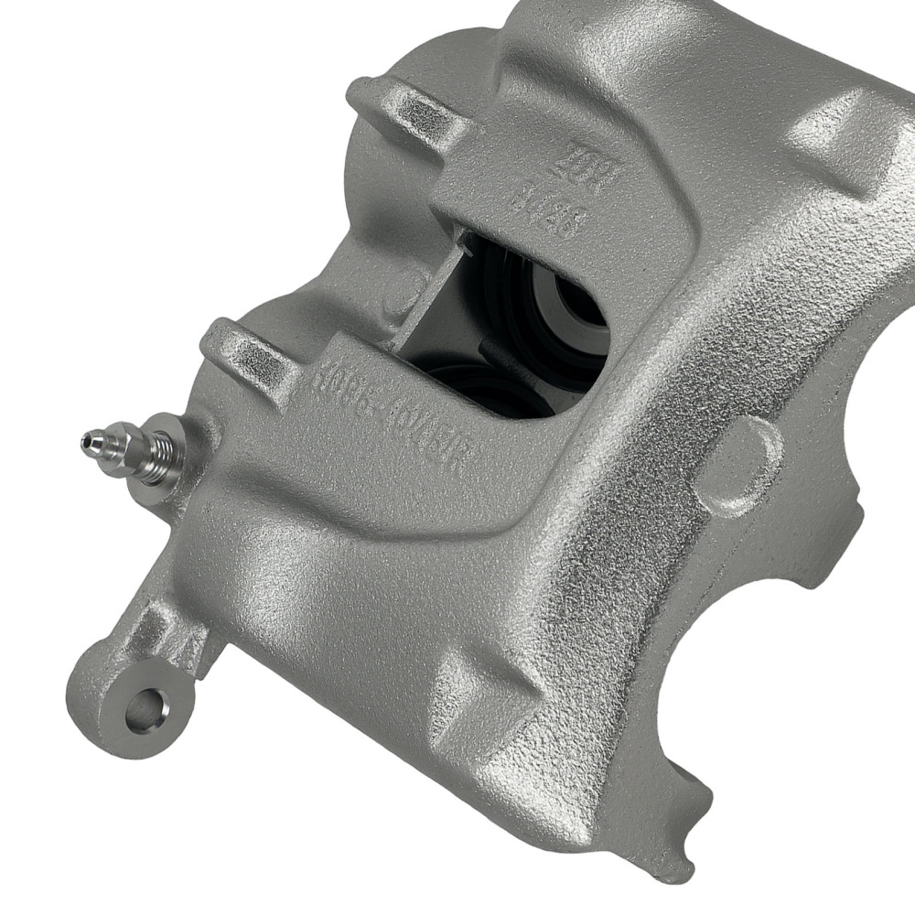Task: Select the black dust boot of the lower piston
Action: point(476,384)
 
